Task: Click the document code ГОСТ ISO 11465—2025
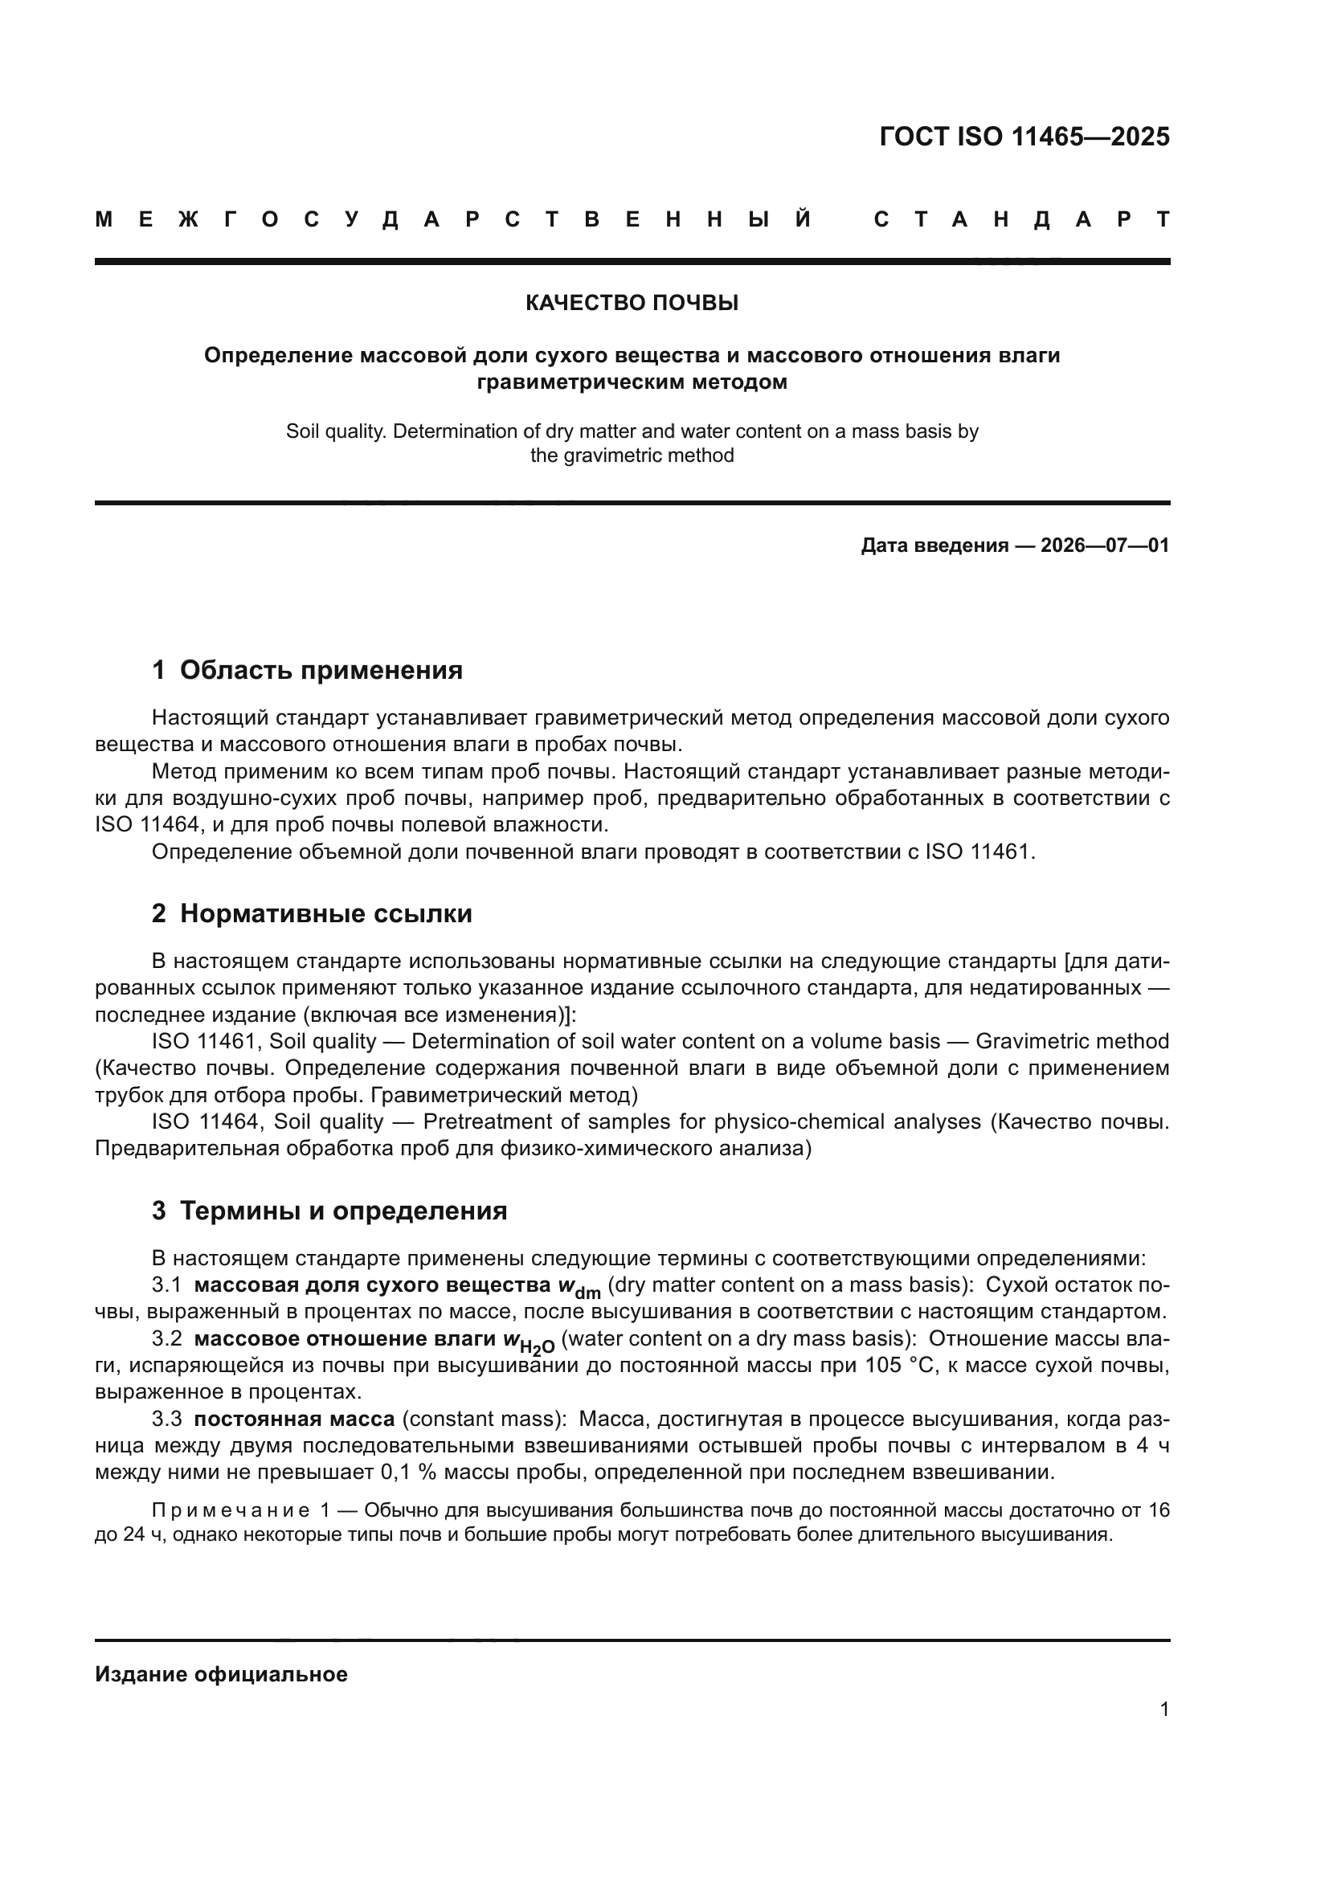(x=1024, y=137)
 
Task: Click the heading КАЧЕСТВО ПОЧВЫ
(x=632, y=304)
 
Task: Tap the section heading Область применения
(x=321, y=670)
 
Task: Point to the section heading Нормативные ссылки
(x=325, y=913)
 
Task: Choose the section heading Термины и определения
(x=343, y=1211)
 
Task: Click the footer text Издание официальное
(x=221, y=1674)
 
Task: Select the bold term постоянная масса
(x=295, y=1419)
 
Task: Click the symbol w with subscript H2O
(x=529, y=1342)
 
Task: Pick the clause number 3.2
(x=167, y=1339)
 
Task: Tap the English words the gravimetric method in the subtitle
(x=632, y=455)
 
